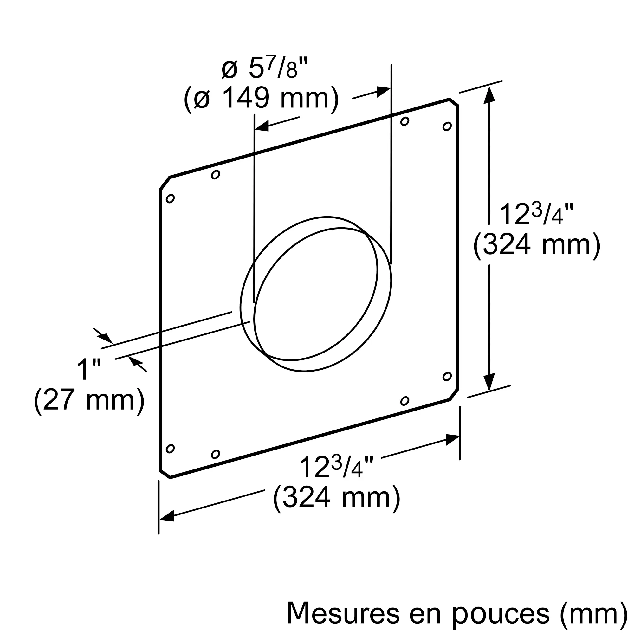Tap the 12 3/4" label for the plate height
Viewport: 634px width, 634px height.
[x=537, y=214]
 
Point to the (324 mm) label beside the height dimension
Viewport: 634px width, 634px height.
[x=537, y=245]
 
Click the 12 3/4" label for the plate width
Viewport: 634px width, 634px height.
[x=336, y=466]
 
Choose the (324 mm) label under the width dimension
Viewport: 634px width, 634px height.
[x=337, y=498]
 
